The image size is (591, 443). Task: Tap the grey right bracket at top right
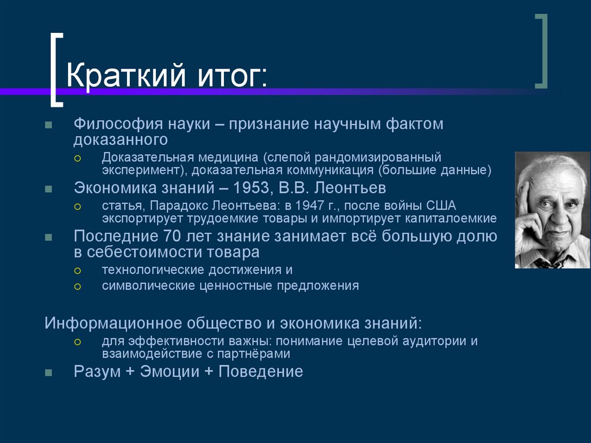pos(541,52)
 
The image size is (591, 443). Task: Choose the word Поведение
pos(261,371)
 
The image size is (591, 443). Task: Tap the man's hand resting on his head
pos(526,202)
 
